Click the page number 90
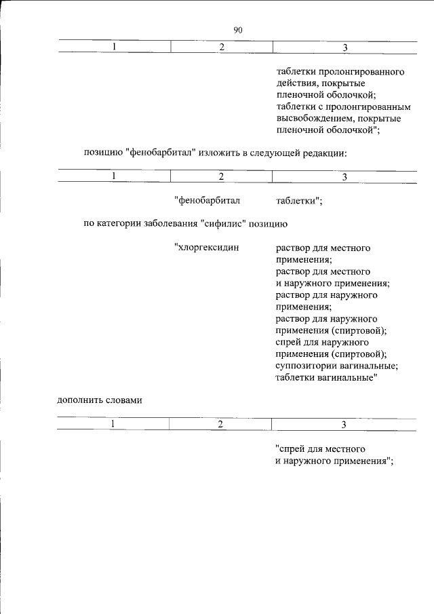[x=238, y=30]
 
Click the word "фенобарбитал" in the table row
[x=208, y=200]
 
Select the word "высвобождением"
[x=311, y=118]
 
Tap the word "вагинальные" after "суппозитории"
[x=368, y=366]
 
